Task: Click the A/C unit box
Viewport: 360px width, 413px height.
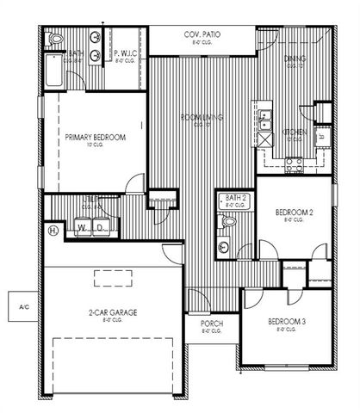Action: [17, 305]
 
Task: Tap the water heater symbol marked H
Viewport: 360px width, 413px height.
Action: [53, 230]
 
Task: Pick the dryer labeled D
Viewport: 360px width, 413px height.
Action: [101, 228]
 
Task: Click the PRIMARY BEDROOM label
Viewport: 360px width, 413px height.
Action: [96, 138]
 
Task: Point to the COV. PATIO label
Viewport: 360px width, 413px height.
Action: [202, 35]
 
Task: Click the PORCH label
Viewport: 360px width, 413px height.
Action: [212, 324]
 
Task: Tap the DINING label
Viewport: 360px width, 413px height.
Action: [295, 59]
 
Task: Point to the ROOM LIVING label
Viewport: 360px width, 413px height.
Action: [202, 118]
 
